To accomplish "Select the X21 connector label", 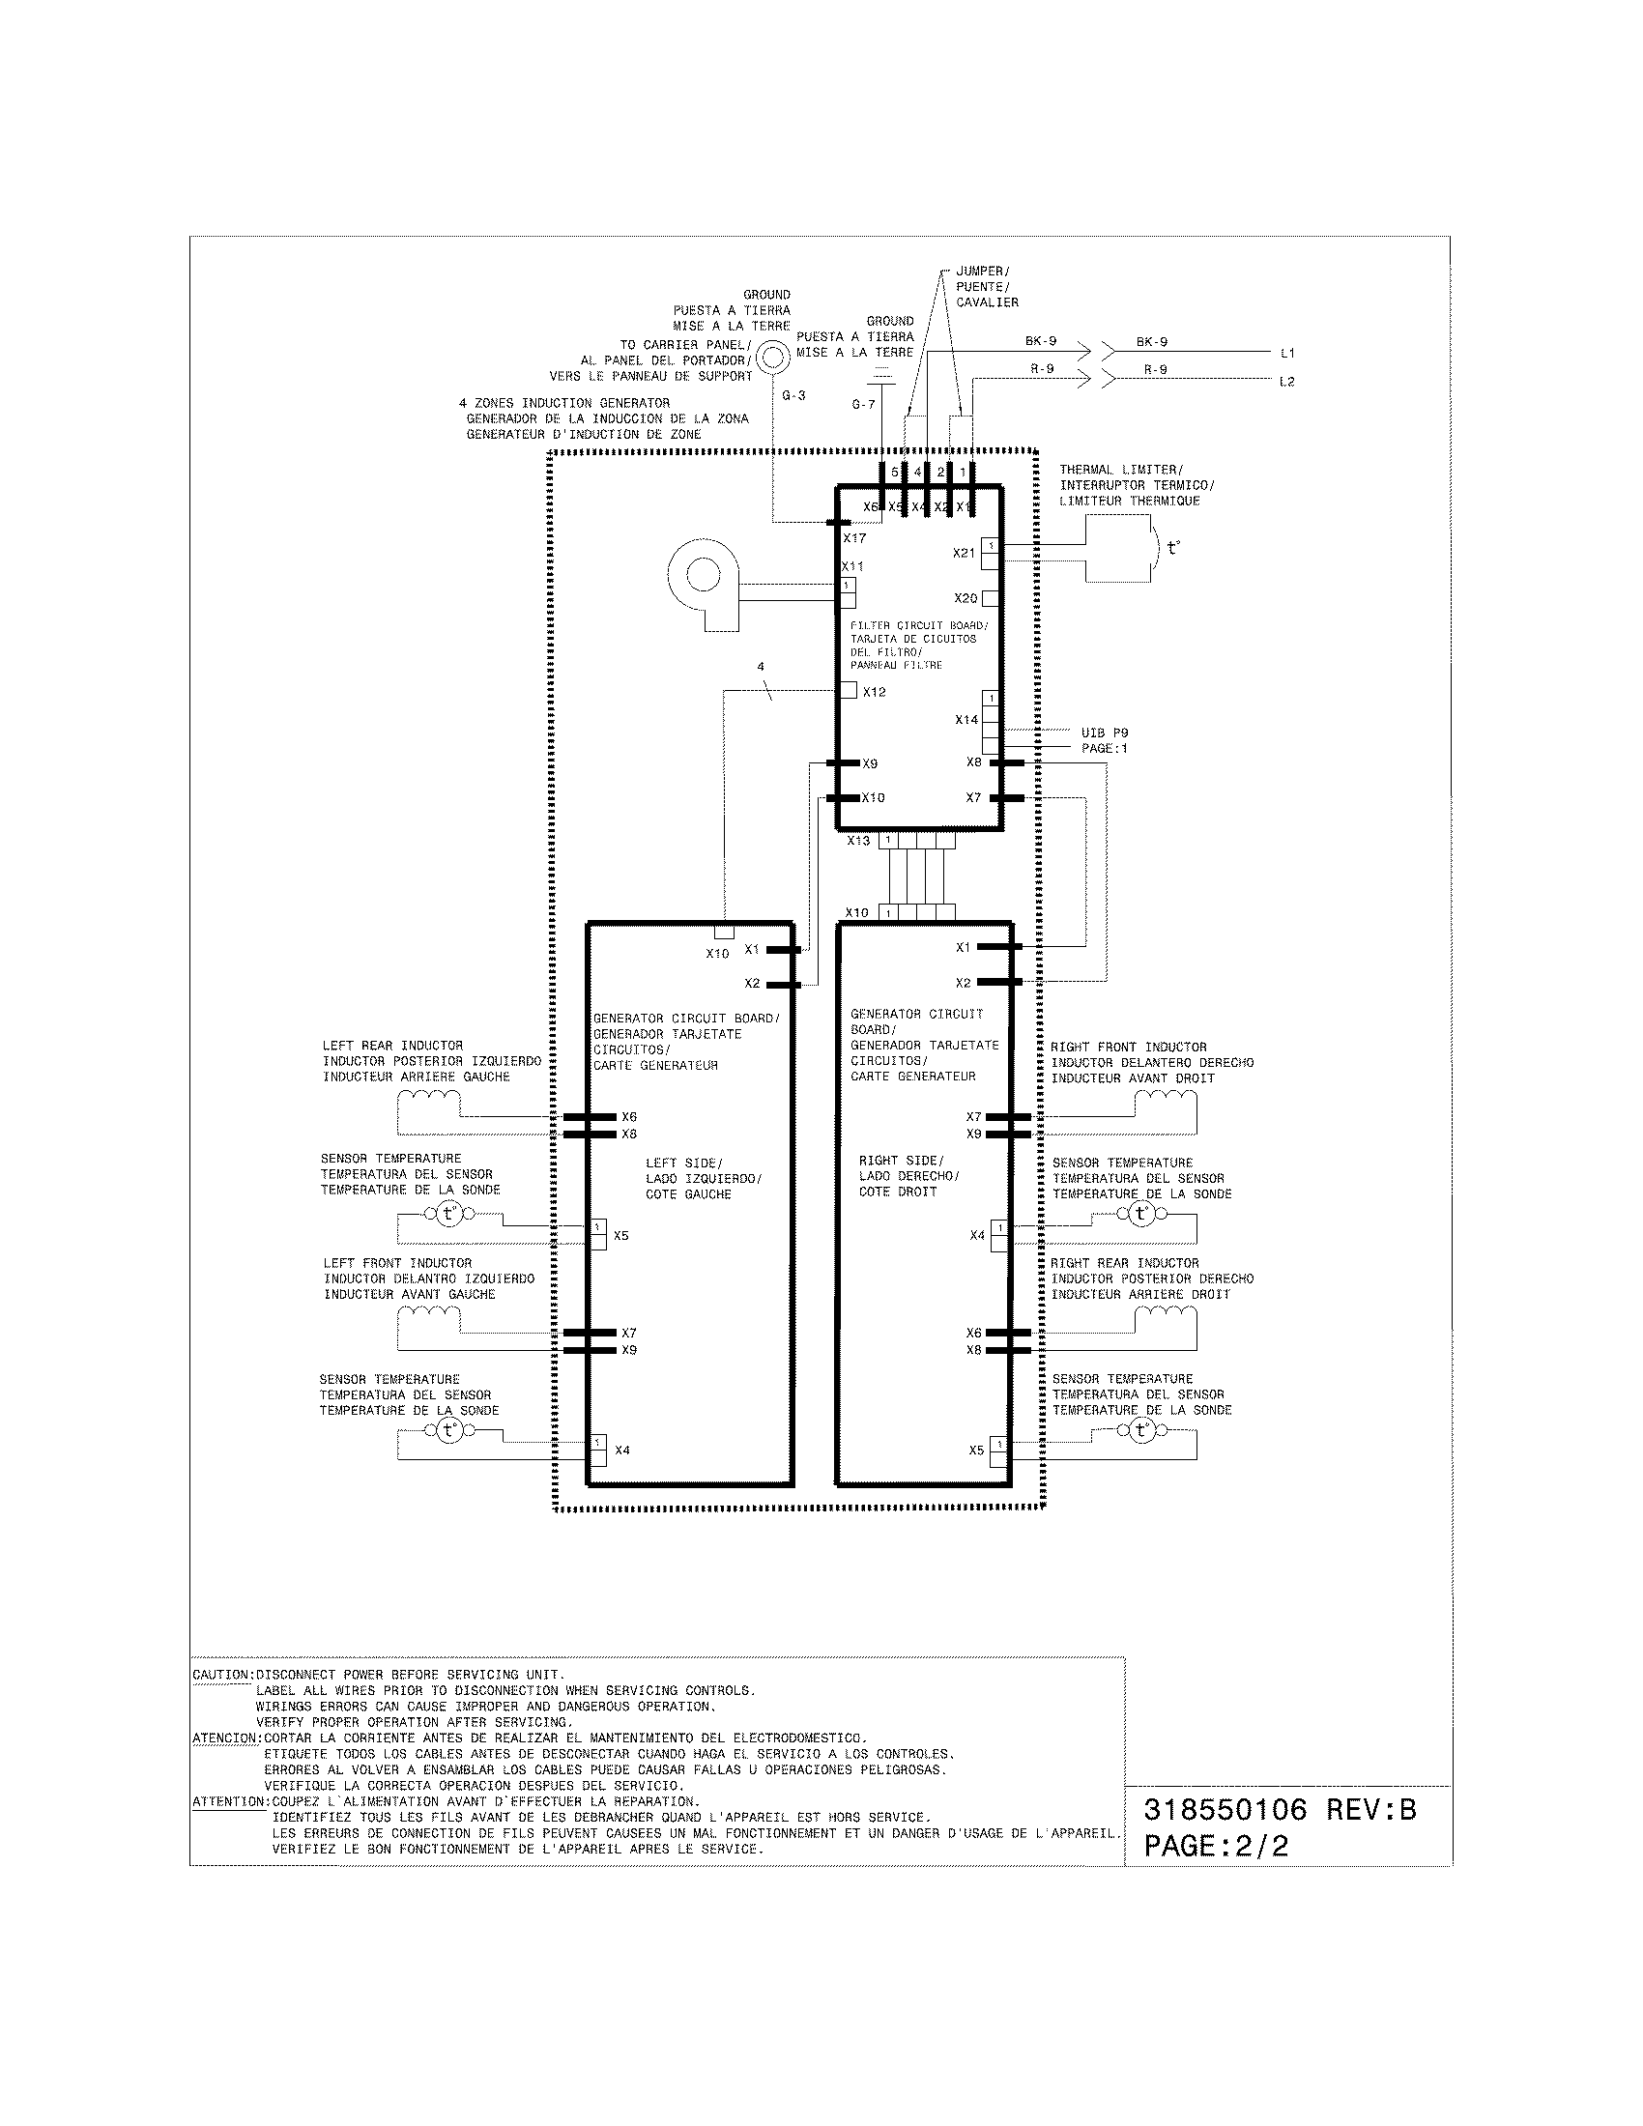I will point(964,553).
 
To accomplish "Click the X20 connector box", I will point(991,597).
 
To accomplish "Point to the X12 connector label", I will point(874,692).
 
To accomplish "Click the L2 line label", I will point(1286,382).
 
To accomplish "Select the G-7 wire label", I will point(862,404).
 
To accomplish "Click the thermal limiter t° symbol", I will point(1173,548).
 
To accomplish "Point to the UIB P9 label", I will point(1104,733).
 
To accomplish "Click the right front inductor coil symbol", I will point(1167,1099).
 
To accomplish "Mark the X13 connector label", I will point(857,840).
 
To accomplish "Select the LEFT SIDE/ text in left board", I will point(683,1164).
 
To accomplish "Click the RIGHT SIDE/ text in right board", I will point(901,1161).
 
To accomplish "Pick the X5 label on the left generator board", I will point(621,1235).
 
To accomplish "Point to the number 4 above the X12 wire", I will point(762,667).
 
